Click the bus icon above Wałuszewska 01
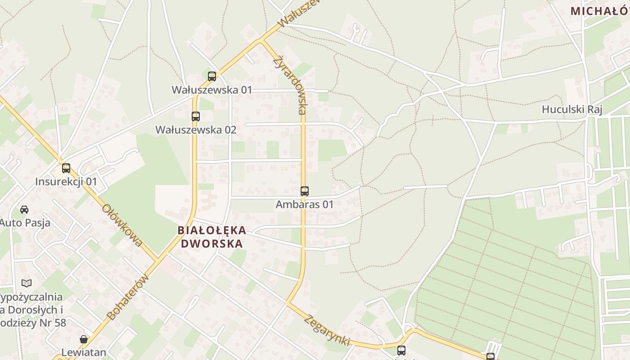pyautogui.click(x=212, y=76)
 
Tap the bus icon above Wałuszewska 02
pyautogui.click(x=195, y=117)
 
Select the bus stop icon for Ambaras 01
pyautogui.click(x=305, y=191)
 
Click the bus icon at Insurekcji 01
pyautogui.click(x=66, y=168)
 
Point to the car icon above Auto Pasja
pyautogui.click(x=24, y=210)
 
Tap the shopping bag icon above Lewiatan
pyautogui.click(x=84, y=339)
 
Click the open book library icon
pyautogui.click(x=27, y=283)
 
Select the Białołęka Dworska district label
pyautogui.click(x=211, y=237)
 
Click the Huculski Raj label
pyautogui.click(x=571, y=109)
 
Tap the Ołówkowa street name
pyautogui.click(x=122, y=225)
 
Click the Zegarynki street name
pyautogui.click(x=327, y=330)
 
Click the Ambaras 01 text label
pyautogui.click(x=305, y=204)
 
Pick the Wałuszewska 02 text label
pyautogui.click(x=196, y=130)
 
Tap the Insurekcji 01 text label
pyautogui.click(x=66, y=182)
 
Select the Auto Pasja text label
pyautogui.click(x=25, y=223)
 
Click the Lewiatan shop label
pyautogui.click(x=84, y=352)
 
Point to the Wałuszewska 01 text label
pyautogui.click(x=212, y=90)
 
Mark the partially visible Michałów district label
pyautogui.click(x=600, y=11)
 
